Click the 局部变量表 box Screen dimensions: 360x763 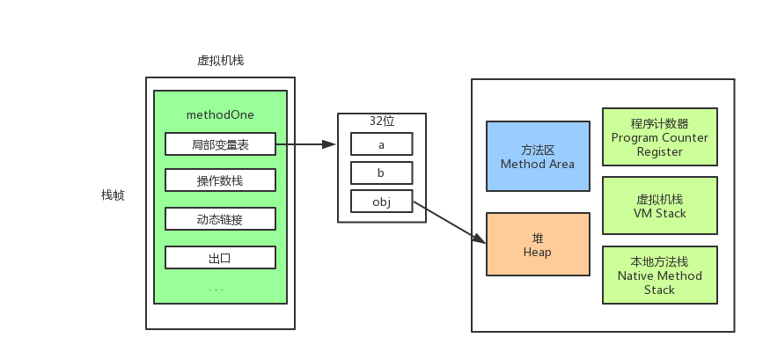click(x=220, y=144)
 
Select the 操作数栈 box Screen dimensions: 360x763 click(x=220, y=181)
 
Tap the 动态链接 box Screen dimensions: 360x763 click(x=220, y=219)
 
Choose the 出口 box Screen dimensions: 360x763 click(x=220, y=258)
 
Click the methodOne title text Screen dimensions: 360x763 click(x=220, y=115)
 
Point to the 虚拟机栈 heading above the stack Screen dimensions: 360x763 click(x=220, y=61)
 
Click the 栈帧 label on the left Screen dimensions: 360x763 click(x=113, y=195)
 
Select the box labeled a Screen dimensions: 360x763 click(x=381, y=144)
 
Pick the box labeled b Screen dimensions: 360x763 click(x=381, y=173)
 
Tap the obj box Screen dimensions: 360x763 click(x=381, y=202)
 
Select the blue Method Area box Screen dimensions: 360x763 click(x=537, y=157)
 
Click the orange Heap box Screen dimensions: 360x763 click(x=537, y=245)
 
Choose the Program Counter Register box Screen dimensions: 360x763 click(x=659, y=137)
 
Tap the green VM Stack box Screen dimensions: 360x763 click(x=659, y=206)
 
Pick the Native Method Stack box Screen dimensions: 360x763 click(x=659, y=276)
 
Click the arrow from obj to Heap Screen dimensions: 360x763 click(x=449, y=222)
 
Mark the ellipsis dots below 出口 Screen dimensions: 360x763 click(x=216, y=290)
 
